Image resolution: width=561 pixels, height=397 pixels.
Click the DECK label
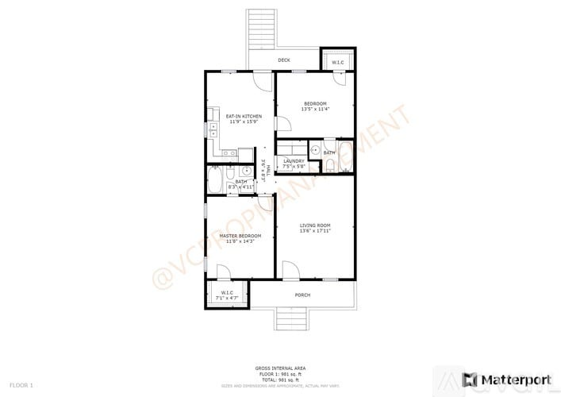tap(283, 60)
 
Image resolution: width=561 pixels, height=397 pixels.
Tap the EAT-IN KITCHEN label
tap(239, 117)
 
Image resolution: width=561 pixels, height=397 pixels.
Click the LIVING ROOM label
tap(314, 227)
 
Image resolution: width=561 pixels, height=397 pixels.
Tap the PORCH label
tap(302, 295)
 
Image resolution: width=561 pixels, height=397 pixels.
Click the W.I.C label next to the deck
tap(337, 63)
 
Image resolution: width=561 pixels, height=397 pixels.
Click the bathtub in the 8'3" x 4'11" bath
tap(215, 180)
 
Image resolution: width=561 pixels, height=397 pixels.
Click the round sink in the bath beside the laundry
tap(315, 149)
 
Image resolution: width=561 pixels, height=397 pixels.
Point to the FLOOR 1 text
tap(21, 385)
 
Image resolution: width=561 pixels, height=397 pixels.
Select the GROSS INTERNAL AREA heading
tap(280, 368)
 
